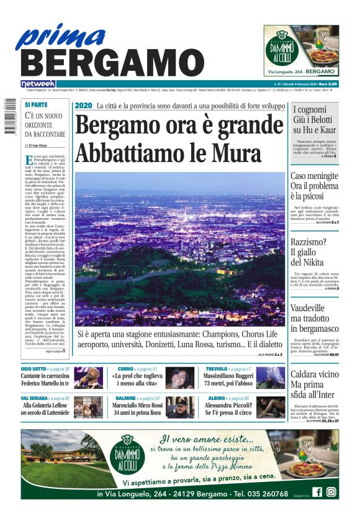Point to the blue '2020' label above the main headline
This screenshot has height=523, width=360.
pos(83,106)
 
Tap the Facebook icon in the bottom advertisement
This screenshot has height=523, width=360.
pos(317,492)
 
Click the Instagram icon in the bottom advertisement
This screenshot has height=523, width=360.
pos(331,492)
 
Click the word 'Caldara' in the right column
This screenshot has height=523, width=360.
pos(306,374)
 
